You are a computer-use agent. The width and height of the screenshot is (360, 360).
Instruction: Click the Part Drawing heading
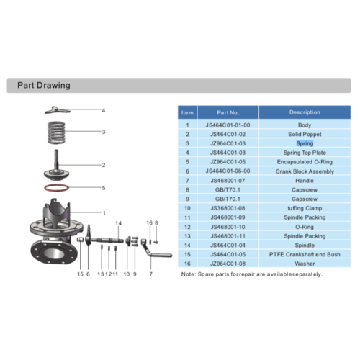pos(43,86)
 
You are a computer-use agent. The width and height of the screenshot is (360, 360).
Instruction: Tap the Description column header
pos(305,112)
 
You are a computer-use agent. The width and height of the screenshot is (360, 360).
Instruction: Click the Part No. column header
pos(228,112)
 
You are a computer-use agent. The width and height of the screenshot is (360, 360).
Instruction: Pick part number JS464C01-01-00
pos(228,125)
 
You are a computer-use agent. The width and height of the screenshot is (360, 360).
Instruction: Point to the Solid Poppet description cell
pos(305,134)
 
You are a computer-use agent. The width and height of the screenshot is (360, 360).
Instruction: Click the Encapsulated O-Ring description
pos(305,162)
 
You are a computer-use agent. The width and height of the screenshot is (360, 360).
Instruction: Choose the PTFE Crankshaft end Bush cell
pos(305,254)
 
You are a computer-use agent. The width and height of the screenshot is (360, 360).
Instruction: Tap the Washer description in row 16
pos(305,264)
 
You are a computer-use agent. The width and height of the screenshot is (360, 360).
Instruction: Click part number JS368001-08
pos(228,208)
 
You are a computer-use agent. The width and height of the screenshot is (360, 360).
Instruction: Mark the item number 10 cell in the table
pos(187,208)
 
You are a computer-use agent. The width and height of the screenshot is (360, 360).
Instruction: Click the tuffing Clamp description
pos(305,208)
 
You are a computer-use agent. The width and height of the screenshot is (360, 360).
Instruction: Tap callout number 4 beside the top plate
pos(103,110)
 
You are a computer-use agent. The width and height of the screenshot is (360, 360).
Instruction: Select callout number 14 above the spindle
pos(118,222)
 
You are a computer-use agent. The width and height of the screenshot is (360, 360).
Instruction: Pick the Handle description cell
pos(305,180)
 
